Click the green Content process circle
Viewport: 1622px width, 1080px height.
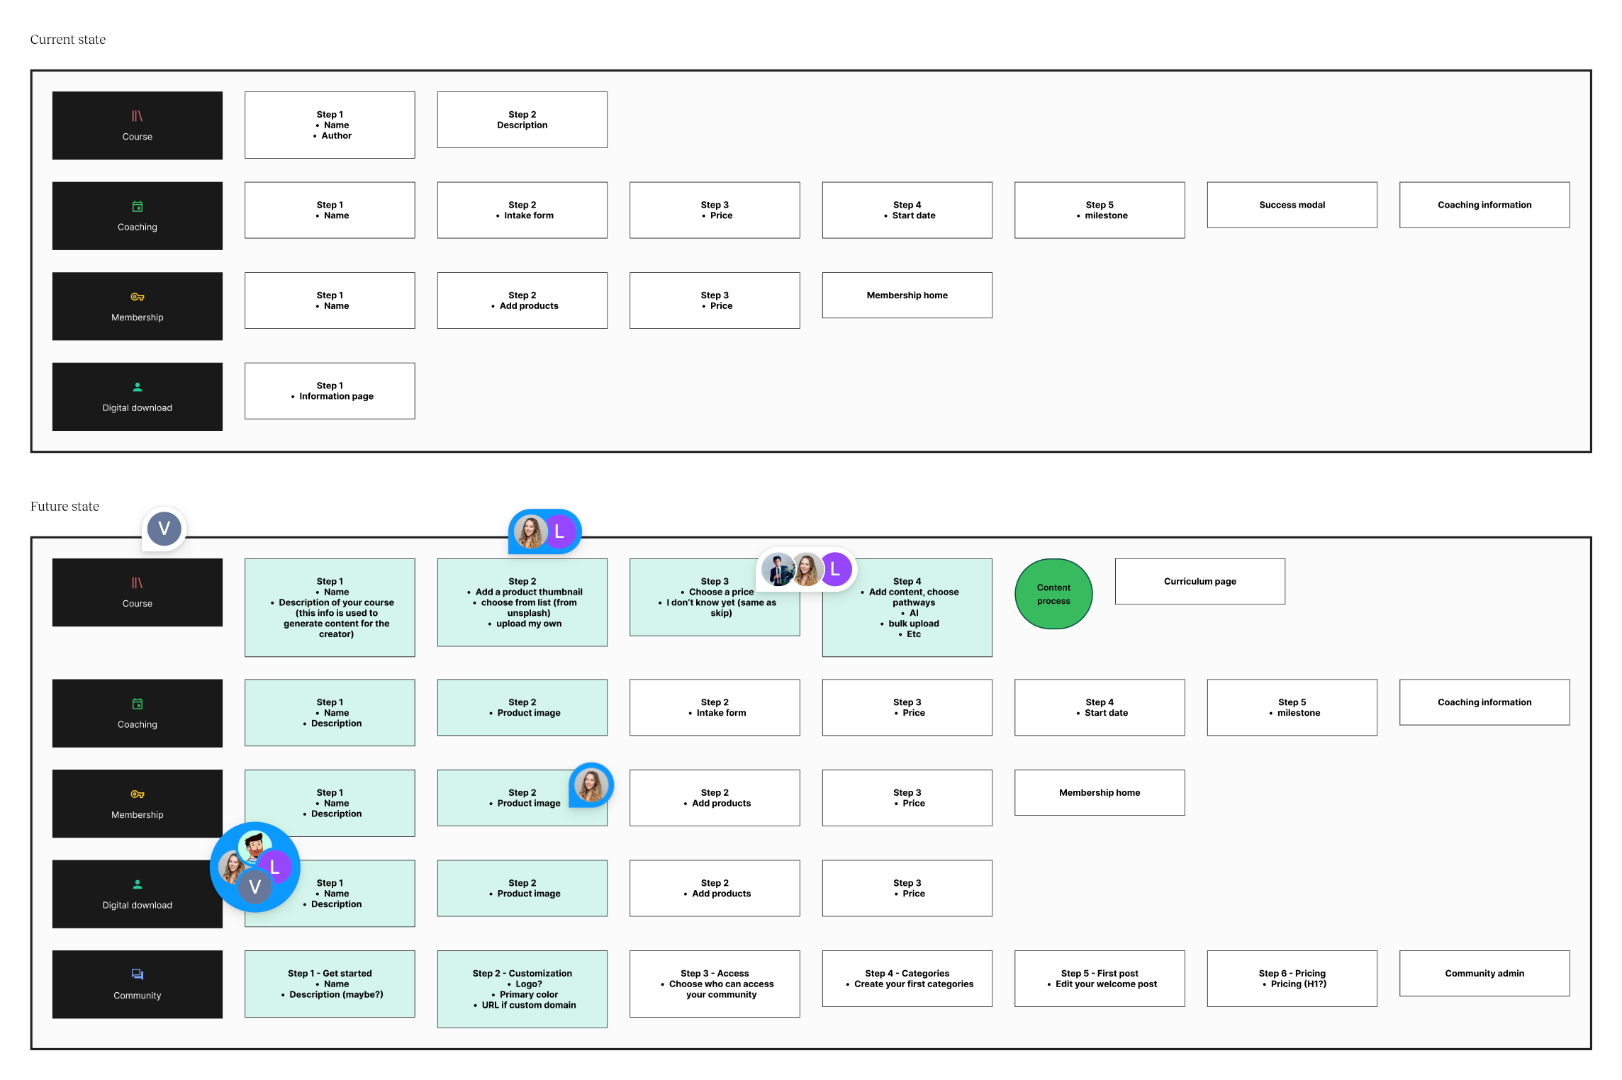coord(1053,594)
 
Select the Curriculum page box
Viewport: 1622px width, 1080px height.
coord(1199,581)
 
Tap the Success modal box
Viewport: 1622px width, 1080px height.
coord(1292,205)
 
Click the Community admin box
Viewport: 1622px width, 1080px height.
coord(1484,973)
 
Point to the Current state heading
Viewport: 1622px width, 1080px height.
coord(68,40)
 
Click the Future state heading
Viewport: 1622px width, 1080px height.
coord(65,507)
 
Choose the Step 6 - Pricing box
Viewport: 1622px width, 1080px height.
coord(1292,978)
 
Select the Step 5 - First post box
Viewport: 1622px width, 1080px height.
coord(1099,978)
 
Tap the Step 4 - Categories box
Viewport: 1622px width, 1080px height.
coord(907,978)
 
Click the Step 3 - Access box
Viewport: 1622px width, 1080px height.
coord(714,984)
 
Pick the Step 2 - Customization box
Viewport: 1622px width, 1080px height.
coord(522,989)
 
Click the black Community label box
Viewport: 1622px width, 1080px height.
coord(137,984)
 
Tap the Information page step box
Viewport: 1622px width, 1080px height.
coord(330,391)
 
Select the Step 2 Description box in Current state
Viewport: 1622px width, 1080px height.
coord(522,120)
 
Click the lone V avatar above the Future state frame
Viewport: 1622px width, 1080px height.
coord(164,529)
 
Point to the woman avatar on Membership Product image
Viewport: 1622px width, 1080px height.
coord(591,784)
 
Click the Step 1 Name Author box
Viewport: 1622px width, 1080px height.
coord(330,125)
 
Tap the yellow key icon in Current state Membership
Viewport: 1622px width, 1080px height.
coord(137,297)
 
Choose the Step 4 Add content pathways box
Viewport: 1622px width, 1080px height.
coord(907,607)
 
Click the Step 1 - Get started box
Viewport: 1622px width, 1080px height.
coord(330,984)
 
